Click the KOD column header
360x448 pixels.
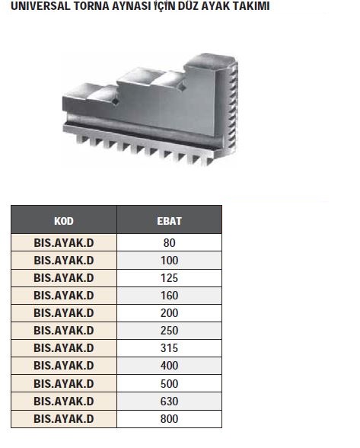pyautogui.click(x=64, y=220)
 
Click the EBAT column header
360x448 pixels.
pyautogui.click(x=169, y=220)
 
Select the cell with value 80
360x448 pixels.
pyautogui.click(x=169, y=242)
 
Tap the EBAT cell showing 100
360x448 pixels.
pyautogui.click(x=169, y=261)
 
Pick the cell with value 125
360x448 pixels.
pyautogui.click(x=169, y=278)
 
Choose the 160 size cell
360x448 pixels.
pyautogui.click(x=169, y=296)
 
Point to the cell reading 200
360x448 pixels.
pyautogui.click(x=169, y=313)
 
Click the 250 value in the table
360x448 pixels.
pyautogui.click(x=169, y=331)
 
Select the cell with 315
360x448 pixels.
pyautogui.click(x=169, y=348)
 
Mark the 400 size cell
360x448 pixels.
pyautogui.click(x=169, y=366)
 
